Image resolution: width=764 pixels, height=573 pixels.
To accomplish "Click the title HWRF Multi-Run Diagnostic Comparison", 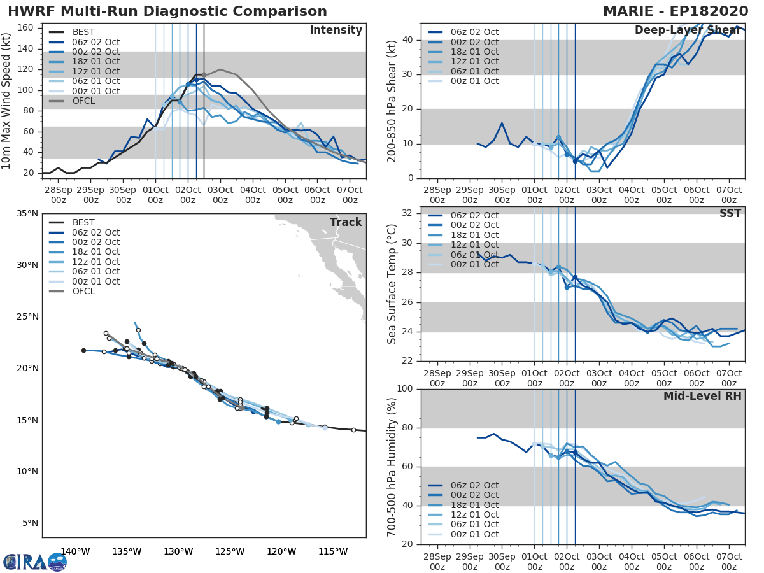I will point(167,11).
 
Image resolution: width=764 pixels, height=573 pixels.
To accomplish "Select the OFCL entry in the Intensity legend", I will point(84,101).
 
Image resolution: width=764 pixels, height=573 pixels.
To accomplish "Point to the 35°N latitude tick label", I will point(27,213).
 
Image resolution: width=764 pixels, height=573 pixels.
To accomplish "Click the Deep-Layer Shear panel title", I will point(688,31).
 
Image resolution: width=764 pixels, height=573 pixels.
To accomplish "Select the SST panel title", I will point(730,213).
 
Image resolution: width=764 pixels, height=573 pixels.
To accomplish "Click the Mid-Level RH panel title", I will point(702,396).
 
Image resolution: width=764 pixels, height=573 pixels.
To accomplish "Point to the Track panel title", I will point(346,222).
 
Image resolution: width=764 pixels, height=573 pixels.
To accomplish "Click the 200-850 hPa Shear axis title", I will point(393,101).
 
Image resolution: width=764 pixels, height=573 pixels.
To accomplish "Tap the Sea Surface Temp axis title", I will point(393,283).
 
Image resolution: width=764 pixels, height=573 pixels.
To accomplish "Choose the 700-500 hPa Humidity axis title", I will point(393,466).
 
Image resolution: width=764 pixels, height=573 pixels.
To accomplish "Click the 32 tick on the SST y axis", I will point(408,213).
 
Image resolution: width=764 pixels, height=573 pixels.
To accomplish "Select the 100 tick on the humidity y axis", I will point(406,389).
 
